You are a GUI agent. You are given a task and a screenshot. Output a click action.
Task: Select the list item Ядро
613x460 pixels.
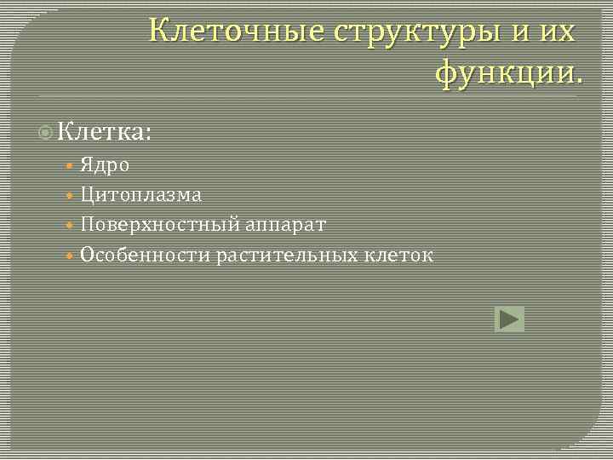point(106,165)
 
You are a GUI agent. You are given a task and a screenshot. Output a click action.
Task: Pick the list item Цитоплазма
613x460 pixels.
point(141,195)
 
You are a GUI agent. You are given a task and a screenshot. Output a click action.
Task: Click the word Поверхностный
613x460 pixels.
point(161,225)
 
